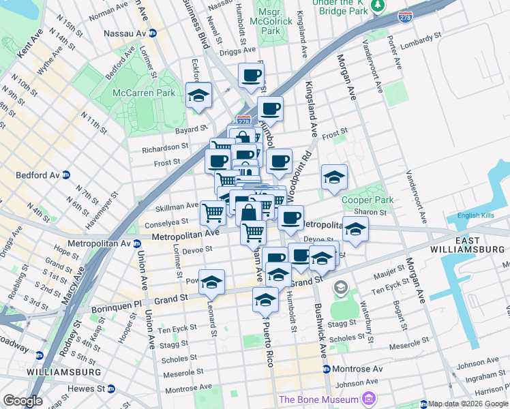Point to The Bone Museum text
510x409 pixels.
click(318, 399)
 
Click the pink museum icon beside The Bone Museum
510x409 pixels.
click(370, 399)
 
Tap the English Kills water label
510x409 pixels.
click(479, 215)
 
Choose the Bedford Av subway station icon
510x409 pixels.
click(66, 175)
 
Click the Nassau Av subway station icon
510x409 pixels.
click(153, 33)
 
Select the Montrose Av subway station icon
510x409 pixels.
click(325, 369)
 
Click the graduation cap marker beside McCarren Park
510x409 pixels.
click(199, 95)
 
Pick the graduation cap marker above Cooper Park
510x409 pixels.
click(334, 177)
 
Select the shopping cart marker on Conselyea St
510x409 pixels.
click(213, 213)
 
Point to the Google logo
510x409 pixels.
click(22, 401)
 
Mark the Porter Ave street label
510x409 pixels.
click(396, 55)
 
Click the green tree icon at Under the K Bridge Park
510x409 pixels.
click(377, 6)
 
